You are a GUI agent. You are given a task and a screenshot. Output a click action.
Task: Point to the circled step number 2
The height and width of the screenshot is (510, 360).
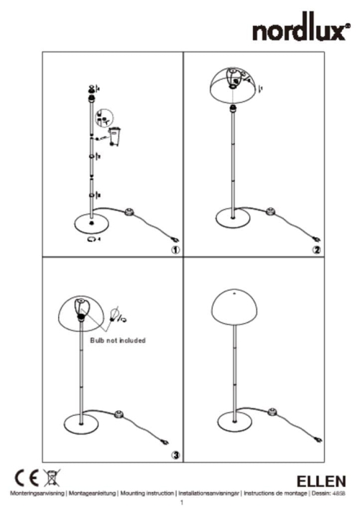315,249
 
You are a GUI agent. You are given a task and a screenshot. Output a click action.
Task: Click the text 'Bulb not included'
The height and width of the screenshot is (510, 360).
118,340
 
